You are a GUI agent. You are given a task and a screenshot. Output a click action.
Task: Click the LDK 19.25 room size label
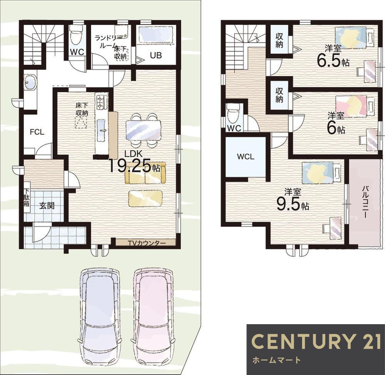[134, 162]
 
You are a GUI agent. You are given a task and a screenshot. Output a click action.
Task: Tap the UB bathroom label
[156, 55]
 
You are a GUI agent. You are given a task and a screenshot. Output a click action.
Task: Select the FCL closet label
[37, 132]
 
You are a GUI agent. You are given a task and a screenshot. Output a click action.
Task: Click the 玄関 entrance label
[47, 206]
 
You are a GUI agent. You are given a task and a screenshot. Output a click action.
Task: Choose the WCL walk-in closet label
[246, 157]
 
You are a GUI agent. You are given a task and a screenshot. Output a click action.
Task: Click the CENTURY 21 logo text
[316, 342]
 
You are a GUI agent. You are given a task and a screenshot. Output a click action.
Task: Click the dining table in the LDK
[143, 131]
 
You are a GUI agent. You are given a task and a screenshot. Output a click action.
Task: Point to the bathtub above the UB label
[156, 34]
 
